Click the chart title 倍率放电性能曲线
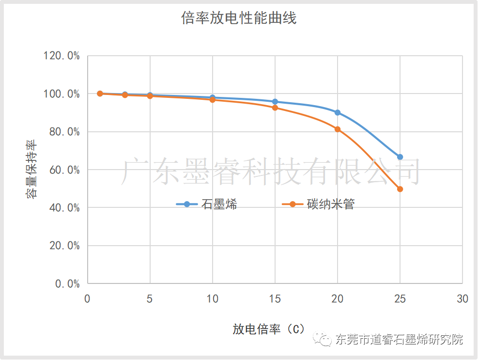[239, 18]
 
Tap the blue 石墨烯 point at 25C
[400, 157]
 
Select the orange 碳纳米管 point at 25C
[400, 189]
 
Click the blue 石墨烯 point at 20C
[338, 112]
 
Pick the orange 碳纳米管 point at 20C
[338, 129]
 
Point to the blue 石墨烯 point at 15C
[275, 102]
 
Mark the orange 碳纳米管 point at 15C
[275, 108]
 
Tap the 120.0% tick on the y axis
[62, 56]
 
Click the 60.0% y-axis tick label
[64, 170]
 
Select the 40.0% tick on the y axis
[64, 208]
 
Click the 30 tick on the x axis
[463, 299]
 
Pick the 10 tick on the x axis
[212, 299]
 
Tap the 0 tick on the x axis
[87, 299]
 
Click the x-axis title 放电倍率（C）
[269, 329]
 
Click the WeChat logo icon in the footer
[323, 339]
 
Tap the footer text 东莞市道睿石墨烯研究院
[399, 339]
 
